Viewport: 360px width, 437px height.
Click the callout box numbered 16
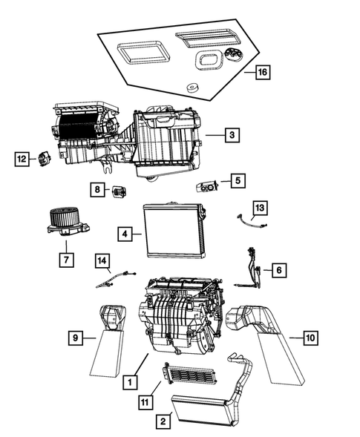click(261, 73)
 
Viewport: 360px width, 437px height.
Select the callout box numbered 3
click(232, 135)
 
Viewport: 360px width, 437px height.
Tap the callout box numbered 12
click(22, 158)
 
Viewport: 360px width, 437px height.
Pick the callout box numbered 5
click(237, 180)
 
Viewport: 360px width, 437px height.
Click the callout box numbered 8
click(97, 190)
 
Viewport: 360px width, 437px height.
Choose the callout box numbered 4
click(126, 234)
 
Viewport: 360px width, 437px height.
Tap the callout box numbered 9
click(75, 338)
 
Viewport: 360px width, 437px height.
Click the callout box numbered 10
click(310, 338)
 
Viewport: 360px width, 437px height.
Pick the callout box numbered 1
click(130, 382)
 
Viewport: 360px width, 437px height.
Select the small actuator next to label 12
click(44, 158)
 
